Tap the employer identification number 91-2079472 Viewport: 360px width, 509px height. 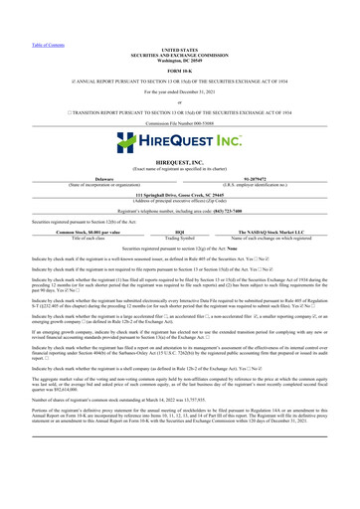[287, 153]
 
